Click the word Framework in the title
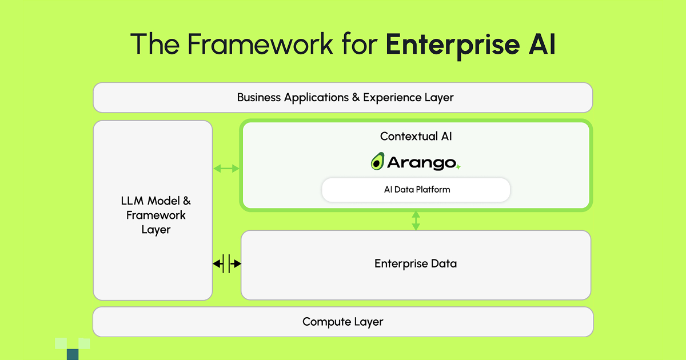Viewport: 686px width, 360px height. coord(251,45)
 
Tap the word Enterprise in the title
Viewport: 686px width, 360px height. coord(446,45)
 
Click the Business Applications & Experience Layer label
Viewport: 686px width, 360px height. coord(345,98)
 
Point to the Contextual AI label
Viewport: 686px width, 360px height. coord(416,137)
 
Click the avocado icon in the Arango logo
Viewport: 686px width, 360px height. coord(377,162)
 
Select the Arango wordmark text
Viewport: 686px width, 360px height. coord(421,163)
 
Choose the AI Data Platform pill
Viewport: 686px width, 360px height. coord(416,190)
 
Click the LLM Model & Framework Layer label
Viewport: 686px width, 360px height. coord(155,215)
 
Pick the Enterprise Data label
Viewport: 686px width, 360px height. coord(416,264)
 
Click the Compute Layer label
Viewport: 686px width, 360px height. coord(342,322)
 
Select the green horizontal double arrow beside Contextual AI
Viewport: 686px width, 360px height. coord(226,169)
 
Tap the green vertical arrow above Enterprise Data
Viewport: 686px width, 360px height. coord(416,220)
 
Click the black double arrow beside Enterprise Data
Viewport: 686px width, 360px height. coord(227,264)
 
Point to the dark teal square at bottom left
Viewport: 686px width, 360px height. coord(73,354)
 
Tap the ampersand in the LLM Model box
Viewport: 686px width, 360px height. coord(186,201)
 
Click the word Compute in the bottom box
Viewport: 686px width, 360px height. coord(324,322)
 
